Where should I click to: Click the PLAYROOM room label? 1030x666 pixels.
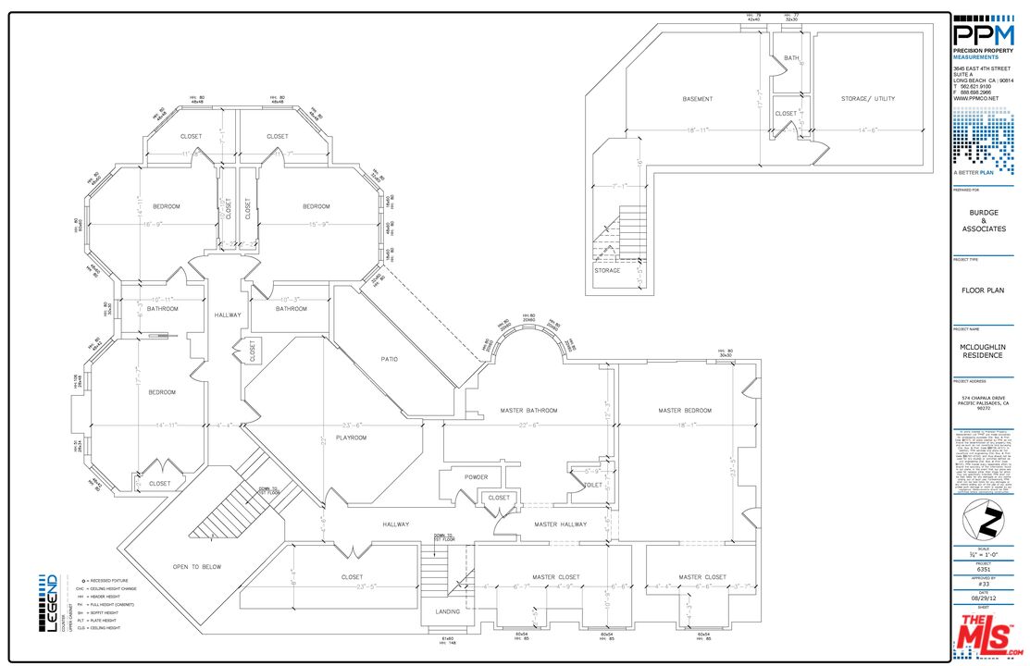(x=351, y=438)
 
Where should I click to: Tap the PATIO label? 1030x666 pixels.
(x=390, y=359)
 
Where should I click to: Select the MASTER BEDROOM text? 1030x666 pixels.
(x=685, y=410)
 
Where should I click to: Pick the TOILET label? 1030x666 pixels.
(x=593, y=484)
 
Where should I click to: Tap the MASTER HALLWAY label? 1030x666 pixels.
(x=561, y=524)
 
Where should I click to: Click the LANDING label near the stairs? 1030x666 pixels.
(x=448, y=611)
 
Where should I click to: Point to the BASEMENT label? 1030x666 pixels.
(x=698, y=99)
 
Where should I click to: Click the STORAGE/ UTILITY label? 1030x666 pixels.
(x=867, y=99)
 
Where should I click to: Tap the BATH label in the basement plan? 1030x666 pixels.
(x=791, y=58)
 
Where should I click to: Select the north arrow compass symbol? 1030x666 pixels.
(x=984, y=524)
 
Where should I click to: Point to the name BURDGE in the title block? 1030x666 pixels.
(x=984, y=213)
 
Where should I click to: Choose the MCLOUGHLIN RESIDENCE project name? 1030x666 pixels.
(x=984, y=351)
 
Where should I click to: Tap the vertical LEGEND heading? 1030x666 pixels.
(x=50, y=602)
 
